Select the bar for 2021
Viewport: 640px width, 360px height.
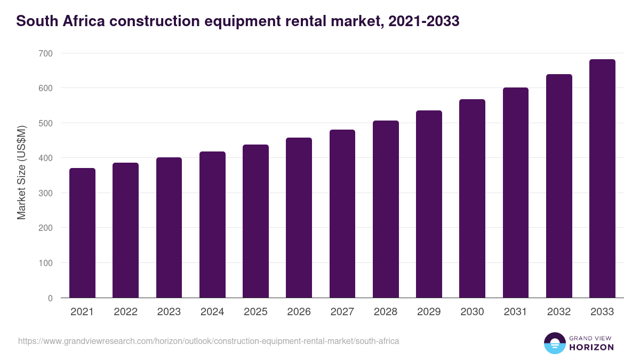pyautogui.click(x=82, y=233)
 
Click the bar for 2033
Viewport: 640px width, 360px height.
pyautogui.click(x=602, y=179)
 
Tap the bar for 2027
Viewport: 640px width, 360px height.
pyautogui.click(x=342, y=214)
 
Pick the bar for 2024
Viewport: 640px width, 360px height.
pyautogui.click(x=212, y=225)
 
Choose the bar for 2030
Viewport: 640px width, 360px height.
pyautogui.click(x=472, y=198)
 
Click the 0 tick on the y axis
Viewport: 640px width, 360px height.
pyautogui.click(x=50, y=298)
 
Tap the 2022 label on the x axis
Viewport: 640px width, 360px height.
pyautogui.click(x=125, y=312)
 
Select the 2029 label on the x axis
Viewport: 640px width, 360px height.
pyautogui.click(x=429, y=312)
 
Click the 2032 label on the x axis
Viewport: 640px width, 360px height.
pyautogui.click(x=559, y=312)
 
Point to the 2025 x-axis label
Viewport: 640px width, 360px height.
pyautogui.click(x=255, y=312)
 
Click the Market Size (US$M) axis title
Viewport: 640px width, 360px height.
pyautogui.click(x=21, y=172)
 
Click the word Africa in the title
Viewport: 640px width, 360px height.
pyautogui.click(x=81, y=21)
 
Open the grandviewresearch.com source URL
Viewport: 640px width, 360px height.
pyautogui.click(x=209, y=341)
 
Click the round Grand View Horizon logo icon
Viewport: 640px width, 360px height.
pyautogui.click(x=554, y=343)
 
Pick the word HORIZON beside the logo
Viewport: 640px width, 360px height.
pyautogui.click(x=591, y=347)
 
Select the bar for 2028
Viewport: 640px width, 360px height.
pyautogui.click(x=386, y=209)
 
